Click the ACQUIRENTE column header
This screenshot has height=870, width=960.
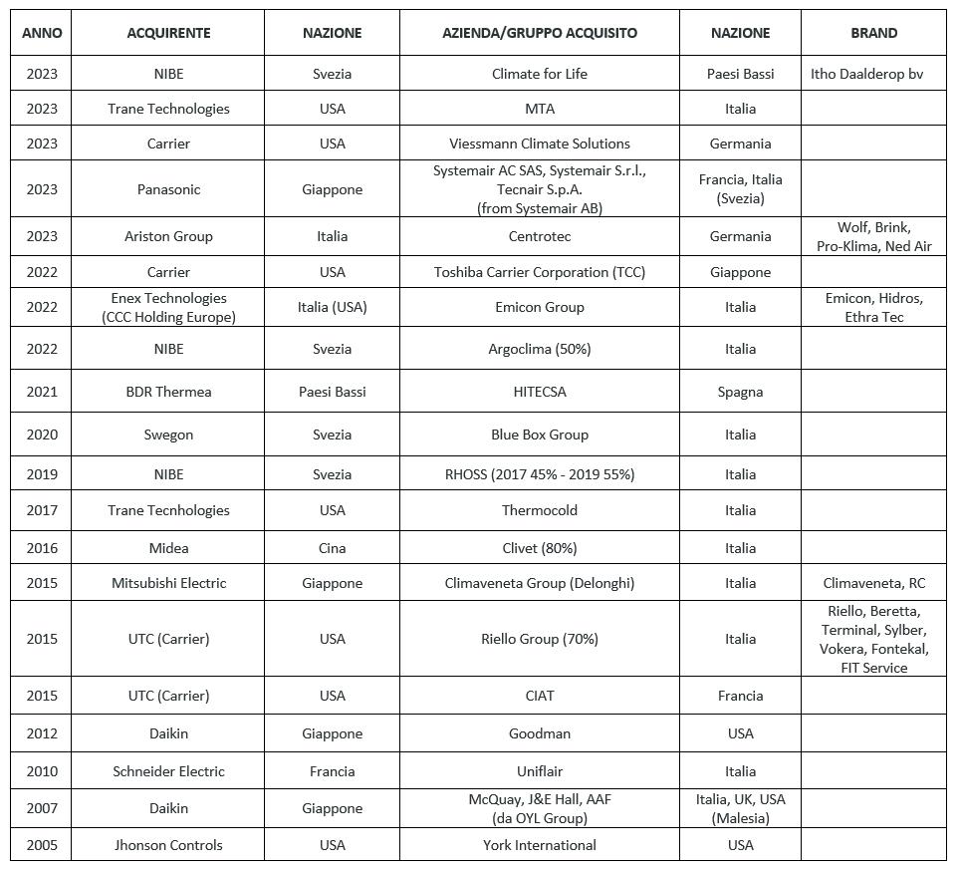(168, 33)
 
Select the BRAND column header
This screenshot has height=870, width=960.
(873, 33)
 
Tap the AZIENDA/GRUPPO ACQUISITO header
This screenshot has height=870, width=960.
(539, 33)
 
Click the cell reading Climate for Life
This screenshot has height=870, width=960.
(539, 74)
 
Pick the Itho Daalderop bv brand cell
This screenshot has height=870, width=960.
(866, 74)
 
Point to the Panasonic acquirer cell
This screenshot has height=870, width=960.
(168, 189)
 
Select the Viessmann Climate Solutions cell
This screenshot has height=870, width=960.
(539, 144)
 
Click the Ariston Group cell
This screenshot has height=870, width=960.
(168, 236)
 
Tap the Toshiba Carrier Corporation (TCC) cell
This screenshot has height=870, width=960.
(539, 272)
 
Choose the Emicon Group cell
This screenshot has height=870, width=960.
(539, 307)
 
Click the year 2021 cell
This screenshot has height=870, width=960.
(42, 392)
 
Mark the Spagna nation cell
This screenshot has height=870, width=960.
(740, 392)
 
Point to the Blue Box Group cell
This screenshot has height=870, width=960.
(539, 435)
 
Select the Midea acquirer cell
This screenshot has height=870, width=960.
(168, 548)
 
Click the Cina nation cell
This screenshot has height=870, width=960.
(332, 548)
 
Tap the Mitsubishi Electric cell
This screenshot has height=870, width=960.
(168, 583)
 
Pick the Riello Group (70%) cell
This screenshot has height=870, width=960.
(539, 639)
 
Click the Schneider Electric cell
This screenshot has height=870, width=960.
(168, 771)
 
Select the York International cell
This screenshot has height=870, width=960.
(539, 845)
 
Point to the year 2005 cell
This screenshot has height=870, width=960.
(42, 845)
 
